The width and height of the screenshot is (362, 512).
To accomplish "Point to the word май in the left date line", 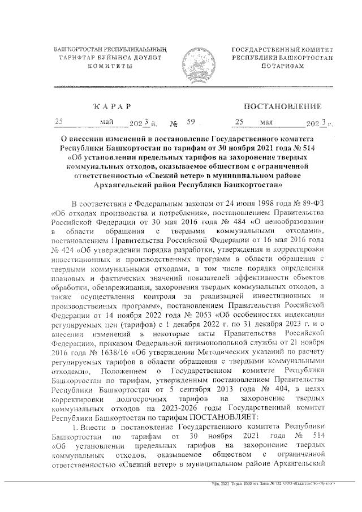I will [106, 122].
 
